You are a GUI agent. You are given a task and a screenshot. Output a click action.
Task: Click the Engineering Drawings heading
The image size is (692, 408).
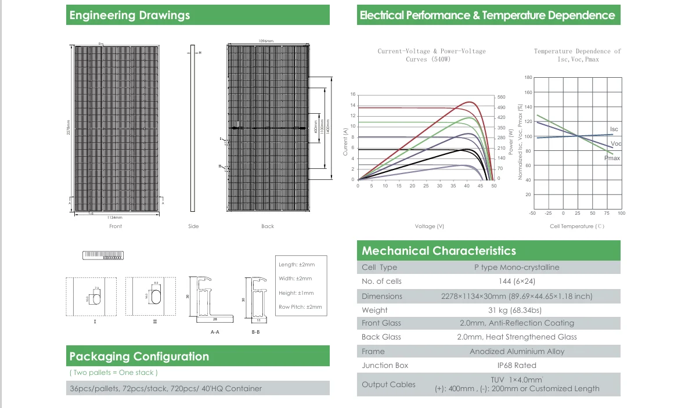click(129, 16)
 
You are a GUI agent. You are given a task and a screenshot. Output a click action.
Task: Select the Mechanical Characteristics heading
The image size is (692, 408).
click(438, 251)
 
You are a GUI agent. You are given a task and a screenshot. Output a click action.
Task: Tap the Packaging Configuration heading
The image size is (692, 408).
click(139, 356)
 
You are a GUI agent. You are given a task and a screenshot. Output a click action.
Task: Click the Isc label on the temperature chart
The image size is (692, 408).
click(614, 129)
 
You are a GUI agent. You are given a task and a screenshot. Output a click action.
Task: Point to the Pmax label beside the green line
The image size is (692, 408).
click(612, 158)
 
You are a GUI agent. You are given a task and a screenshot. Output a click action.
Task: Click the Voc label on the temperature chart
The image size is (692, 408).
click(616, 143)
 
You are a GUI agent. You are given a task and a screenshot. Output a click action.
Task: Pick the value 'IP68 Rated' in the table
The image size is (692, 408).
click(517, 365)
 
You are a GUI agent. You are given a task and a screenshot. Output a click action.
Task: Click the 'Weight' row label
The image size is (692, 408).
click(374, 310)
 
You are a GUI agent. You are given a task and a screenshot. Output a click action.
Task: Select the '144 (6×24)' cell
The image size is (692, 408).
click(517, 281)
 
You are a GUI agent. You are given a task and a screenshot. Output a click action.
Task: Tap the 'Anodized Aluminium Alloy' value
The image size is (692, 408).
click(517, 351)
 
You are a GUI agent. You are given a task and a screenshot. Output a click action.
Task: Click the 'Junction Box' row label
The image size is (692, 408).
click(385, 365)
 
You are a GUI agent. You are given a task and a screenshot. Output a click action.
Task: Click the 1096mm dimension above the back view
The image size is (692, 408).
click(266, 41)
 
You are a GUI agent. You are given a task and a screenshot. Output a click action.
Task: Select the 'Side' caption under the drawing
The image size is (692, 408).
click(193, 226)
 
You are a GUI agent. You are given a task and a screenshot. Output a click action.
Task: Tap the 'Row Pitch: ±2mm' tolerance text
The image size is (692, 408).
click(300, 307)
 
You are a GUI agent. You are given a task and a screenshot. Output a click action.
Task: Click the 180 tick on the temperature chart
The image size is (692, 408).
click(528, 78)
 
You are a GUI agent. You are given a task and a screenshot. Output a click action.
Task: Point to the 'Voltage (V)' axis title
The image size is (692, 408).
click(430, 226)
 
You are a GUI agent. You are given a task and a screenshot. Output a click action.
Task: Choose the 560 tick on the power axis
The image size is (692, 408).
click(502, 98)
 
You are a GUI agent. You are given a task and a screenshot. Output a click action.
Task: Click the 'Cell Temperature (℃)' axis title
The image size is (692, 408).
click(577, 226)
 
